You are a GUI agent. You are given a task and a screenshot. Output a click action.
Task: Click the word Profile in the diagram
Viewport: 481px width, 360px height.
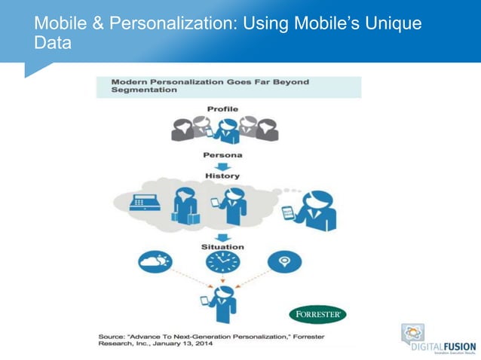pos(222,109)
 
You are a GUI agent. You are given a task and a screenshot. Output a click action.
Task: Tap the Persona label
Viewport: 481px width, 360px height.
pos(222,155)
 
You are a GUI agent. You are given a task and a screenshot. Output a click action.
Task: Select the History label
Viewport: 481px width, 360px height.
pos(222,175)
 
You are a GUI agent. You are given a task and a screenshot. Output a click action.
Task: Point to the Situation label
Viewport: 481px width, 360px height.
pos(222,246)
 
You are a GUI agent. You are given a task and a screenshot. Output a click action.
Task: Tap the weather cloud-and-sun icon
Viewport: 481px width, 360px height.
pos(155,261)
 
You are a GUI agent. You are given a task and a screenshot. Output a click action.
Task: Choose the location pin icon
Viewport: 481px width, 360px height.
pos(285,262)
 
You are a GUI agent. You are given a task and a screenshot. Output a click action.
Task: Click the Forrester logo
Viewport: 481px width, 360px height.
pos(317,314)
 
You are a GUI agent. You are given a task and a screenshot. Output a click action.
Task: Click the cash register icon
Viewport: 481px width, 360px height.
pos(142,203)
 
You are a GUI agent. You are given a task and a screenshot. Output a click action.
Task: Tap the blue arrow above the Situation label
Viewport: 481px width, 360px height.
pos(222,236)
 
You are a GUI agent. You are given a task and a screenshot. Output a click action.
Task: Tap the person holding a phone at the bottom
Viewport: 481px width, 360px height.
pos(224,304)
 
